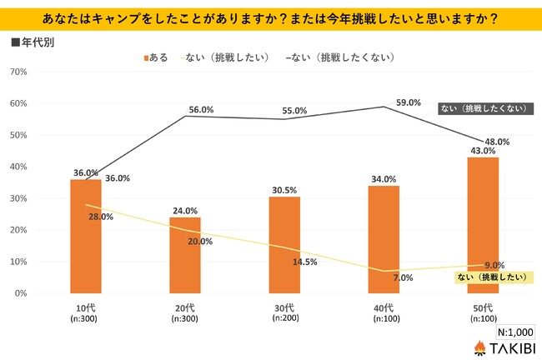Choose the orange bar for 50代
482,225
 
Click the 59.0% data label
408,102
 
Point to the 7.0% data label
404,277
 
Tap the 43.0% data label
483,151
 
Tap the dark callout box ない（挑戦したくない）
484,109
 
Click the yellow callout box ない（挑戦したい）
494,276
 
